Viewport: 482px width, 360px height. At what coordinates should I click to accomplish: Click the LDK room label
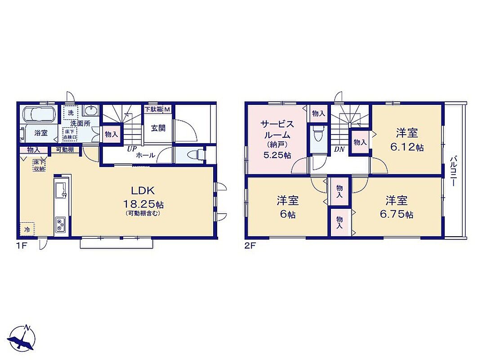[143, 191]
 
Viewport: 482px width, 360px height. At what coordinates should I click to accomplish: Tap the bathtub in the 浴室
[40, 114]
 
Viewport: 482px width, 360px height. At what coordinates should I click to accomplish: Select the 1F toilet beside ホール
[196, 154]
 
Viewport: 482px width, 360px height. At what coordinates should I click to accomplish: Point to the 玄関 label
[158, 128]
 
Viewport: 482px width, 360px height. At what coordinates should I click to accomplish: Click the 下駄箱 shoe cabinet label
[154, 109]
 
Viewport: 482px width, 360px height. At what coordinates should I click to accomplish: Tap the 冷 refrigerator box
[27, 229]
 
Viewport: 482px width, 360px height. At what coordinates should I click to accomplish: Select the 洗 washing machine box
[71, 112]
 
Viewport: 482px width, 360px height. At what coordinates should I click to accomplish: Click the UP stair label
[132, 149]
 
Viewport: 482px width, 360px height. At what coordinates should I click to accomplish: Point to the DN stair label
[339, 149]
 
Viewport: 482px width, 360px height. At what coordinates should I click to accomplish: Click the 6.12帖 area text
[407, 148]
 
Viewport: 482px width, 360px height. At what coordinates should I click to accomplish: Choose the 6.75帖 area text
[397, 214]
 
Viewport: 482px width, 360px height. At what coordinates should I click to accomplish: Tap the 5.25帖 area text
[277, 155]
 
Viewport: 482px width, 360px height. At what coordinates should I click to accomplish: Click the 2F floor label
[250, 246]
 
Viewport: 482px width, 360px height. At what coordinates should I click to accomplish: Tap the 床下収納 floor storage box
[40, 165]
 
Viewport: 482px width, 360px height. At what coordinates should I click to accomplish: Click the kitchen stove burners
[60, 225]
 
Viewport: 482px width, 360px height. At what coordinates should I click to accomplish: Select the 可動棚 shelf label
[65, 150]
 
